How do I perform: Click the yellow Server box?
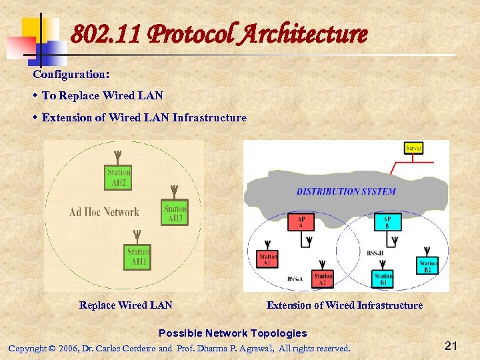click(x=414, y=147)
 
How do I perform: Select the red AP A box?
click(x=301, y=222)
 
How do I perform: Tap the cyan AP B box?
click(x=387, y=222)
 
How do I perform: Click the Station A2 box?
click(x=323, y=279)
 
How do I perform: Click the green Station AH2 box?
click(x=119, y=177)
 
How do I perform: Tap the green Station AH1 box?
click(x=138, y=257)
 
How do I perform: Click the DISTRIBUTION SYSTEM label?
click(x=346, y=191)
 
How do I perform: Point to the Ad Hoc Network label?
click(x=104, y=212)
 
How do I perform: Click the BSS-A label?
click(x=295, y=278)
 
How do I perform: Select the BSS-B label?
click(x=375, y=253)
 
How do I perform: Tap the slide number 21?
click(x=451, y=345)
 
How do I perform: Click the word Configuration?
click(x=71, y=74)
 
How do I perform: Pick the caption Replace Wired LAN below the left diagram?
click(x=125, y=305)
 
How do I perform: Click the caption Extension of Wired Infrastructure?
click(x=344, y=305)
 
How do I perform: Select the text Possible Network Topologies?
click(x=233, y=333)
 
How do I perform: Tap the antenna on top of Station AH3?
click(x=173, y=191)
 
